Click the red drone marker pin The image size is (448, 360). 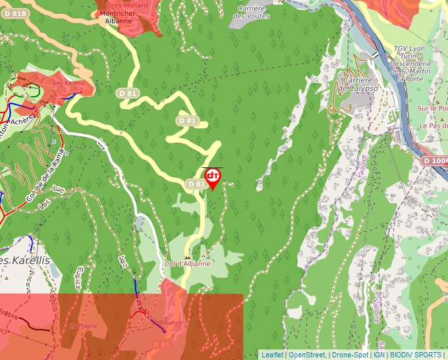pyautogui.click(x=213, y=177)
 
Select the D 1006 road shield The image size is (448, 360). pyautogui.click(x=435, y=161)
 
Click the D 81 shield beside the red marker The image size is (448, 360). pyautogui.click(x=196, y=184)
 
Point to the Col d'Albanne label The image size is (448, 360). pyautogui.click(x=188, y=263)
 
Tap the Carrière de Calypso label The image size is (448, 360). pyautogui.click(x=360, y=84)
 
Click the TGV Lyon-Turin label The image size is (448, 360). pyautogui.click(x=410, y=49)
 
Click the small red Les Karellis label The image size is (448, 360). pyautogui.click(x=69, y=84)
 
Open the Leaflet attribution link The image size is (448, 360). pyautogui.click(x=272, y=355)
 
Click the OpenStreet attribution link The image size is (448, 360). pyautogui.click(x=306, y=355)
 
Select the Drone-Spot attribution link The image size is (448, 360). pyautogui.click(x=350, y=355)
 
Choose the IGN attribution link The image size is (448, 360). pyautogui.click(x=379, y=355)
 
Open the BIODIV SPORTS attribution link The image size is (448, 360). pyautogui.click(x=416, y=355)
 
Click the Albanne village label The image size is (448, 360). pyautogui.click(x=171, y=323)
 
